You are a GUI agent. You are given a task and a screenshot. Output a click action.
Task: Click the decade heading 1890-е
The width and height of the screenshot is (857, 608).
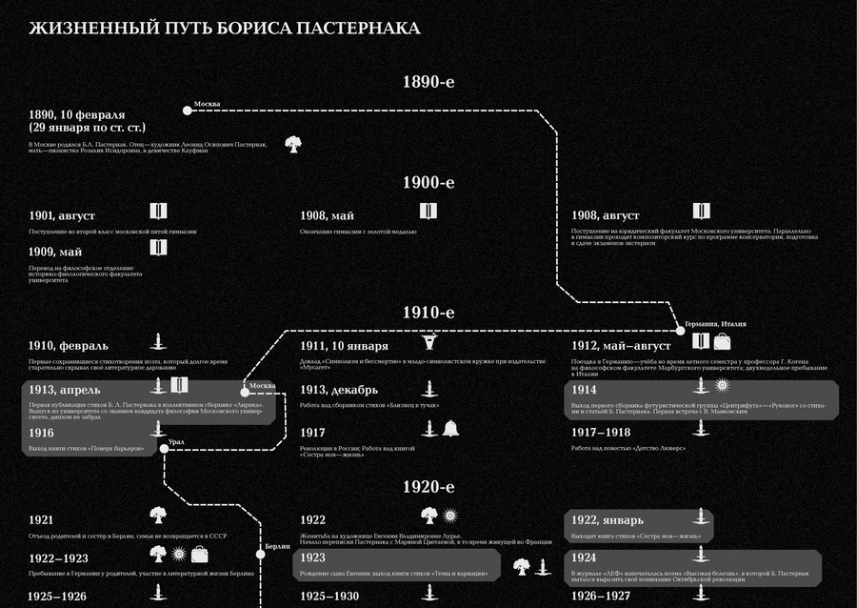(428, 82)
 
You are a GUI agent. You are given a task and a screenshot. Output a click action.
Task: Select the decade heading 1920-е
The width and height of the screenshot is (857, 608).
(428, 487)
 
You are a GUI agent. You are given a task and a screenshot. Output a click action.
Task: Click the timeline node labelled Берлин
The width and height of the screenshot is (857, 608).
(259, 554)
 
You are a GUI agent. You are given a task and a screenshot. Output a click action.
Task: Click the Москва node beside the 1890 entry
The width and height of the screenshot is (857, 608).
(188, 111)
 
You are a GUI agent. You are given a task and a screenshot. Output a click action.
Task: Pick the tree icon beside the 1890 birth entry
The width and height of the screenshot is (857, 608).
(293, 144)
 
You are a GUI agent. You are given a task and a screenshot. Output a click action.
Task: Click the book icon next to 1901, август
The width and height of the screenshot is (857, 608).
(159, 211)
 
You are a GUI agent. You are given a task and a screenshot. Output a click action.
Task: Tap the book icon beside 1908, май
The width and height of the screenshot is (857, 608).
(428, 211)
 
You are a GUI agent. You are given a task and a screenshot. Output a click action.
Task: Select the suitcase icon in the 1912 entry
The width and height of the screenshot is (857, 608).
(723, 341)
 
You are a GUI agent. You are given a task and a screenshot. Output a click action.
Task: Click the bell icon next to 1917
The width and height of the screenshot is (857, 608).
(450, 429)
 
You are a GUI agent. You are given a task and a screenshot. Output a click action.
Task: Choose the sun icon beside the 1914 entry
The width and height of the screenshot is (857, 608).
(723, 386)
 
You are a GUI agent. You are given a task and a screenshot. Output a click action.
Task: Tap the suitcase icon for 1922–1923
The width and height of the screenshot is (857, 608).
(199, 554)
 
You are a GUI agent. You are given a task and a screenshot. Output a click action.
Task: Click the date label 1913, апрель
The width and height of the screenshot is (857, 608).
(65, 390)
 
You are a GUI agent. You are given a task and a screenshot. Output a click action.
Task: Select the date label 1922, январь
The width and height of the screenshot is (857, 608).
(608, 519)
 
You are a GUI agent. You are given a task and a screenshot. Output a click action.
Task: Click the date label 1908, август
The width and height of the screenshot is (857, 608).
(606, 215)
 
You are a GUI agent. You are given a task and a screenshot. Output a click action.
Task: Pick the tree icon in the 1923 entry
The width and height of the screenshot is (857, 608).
(521, 566)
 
